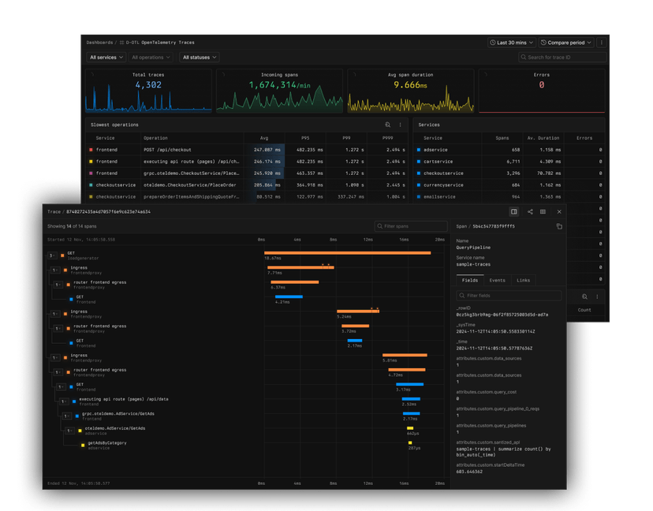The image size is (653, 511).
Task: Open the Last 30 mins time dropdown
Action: click(512, 43)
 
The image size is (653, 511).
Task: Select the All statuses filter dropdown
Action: click(200, 58)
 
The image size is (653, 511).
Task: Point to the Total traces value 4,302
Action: click(148, 84)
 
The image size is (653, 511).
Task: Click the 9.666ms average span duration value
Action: click(410, 84)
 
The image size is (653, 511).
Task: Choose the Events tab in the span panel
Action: click(497, 280)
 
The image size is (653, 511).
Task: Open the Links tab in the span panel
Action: click(524, 280)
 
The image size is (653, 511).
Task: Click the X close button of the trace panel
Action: click(559, 211)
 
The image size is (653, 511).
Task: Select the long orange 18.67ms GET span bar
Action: click(347, 253)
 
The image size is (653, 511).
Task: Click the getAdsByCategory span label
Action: click(106, 443)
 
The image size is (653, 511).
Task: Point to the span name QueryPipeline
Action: click(474, 247)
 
